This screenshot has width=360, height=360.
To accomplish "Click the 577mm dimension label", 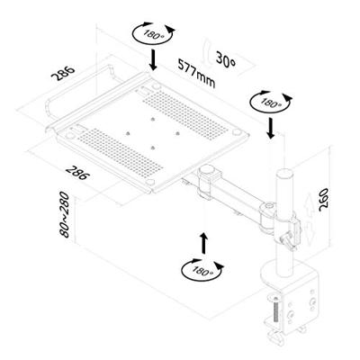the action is pos(196,73).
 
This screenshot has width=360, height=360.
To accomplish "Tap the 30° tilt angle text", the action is pos(226,61).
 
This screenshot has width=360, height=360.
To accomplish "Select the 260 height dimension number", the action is pos(323,200).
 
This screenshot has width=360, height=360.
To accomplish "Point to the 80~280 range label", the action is pos(65,215).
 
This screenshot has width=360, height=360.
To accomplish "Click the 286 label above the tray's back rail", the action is pos(62,73).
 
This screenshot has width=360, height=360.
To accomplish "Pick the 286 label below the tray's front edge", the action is pos(77,173).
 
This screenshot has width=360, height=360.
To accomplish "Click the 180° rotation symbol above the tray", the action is pos(153,32).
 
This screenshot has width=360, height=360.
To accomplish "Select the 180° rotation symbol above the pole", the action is pos(271,102).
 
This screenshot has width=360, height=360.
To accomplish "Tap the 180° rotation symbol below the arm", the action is pos(202,270).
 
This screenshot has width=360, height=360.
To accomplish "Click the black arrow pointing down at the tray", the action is pos(153,60).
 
